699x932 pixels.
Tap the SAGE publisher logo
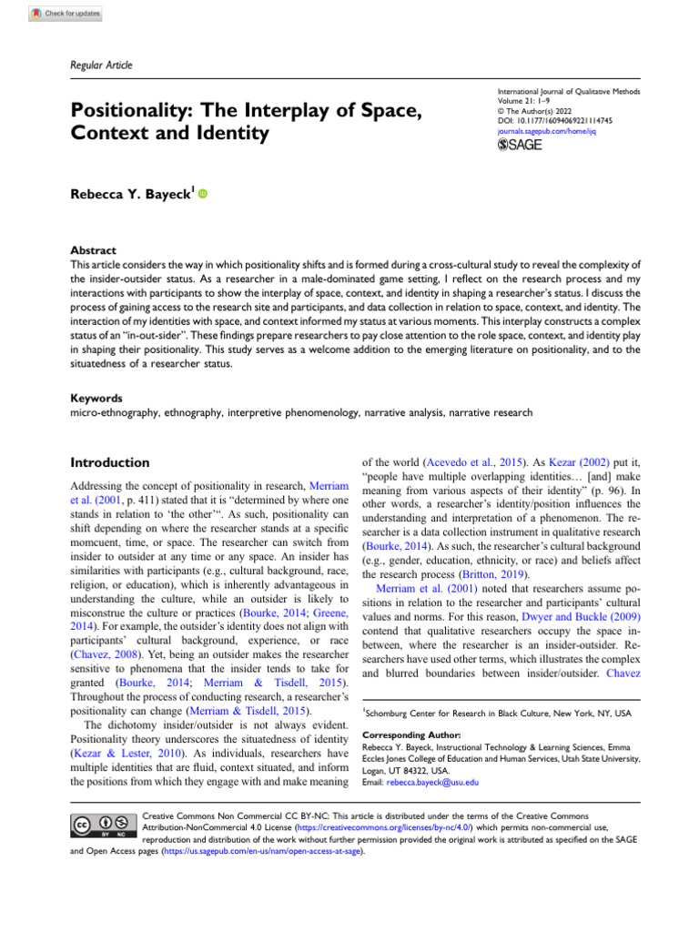pos(519,146)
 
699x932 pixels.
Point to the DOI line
pos(554,118)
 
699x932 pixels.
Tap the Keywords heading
pos(96,398)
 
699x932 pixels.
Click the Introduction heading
pos(110,462)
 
